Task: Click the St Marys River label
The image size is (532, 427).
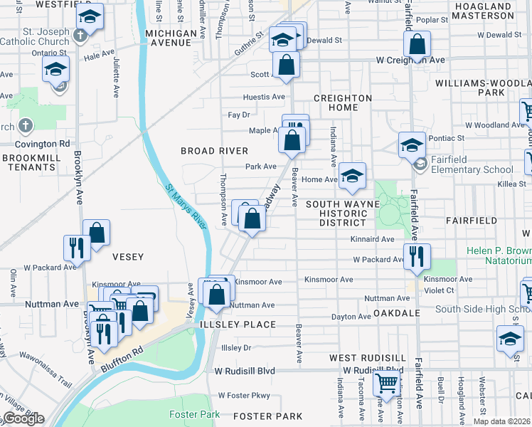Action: point(186,207)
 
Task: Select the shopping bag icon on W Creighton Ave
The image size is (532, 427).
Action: point(417,44)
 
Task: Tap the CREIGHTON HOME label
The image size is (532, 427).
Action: point(343,102)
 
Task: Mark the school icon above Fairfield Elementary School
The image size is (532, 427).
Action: point(411,144)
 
